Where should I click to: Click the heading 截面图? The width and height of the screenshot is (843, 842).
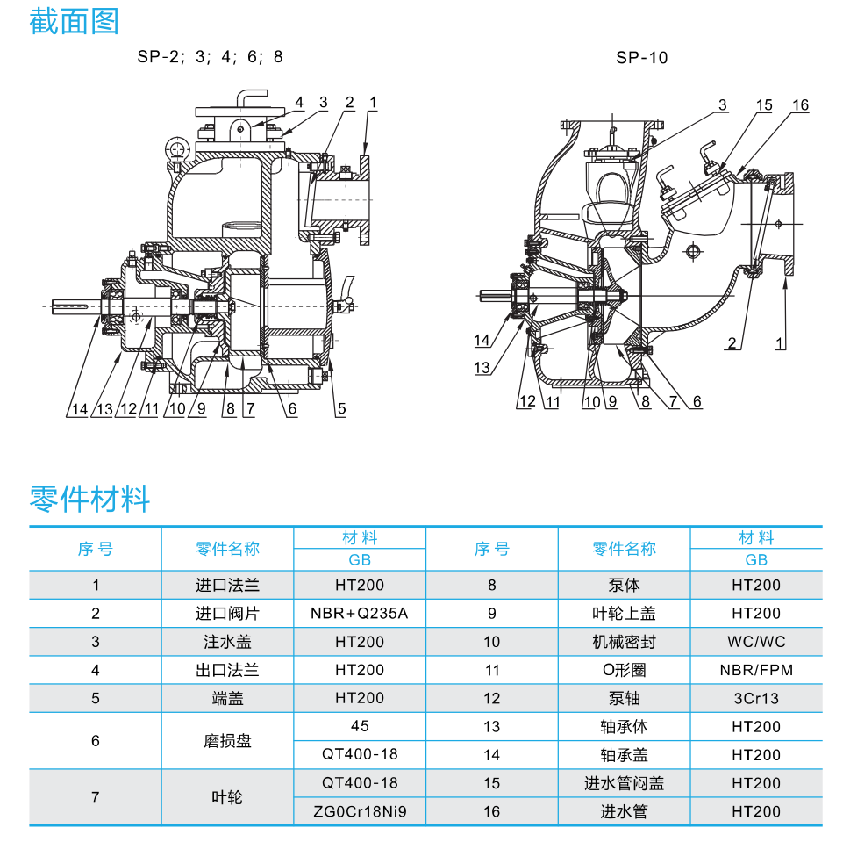(x=74, y=21)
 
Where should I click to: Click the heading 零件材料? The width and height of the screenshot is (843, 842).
(x=89, y=499)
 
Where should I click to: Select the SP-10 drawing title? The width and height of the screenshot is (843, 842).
(x=641, y=58)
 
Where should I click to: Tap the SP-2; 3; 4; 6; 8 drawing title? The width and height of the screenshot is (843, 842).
(x=210, y=58)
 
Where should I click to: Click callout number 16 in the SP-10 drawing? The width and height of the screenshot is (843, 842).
(x=799, y=105)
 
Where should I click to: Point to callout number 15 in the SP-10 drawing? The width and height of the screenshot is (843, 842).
(x=763, y=105)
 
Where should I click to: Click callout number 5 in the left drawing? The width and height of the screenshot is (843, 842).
(x=342, y=408)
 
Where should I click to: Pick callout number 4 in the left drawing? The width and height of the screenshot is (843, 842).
(x=299, y=103)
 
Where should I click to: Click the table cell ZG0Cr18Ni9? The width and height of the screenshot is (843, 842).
(x=360, y=811)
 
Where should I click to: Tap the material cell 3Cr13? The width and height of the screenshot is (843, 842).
(x=756, y=699)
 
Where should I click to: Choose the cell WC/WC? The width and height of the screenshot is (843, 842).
(x=756, y=642)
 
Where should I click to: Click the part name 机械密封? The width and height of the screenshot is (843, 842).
(x=624, y=642)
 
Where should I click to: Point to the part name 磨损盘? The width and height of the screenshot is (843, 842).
(x=227, y=741)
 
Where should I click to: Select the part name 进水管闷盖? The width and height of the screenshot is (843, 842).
(x=624, y=783)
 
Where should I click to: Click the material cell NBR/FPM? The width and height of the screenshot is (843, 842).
(x=756, y=670)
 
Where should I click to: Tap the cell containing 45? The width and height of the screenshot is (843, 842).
(x=360, y=726)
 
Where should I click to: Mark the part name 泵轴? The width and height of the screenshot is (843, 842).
(x=624, y=699)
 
